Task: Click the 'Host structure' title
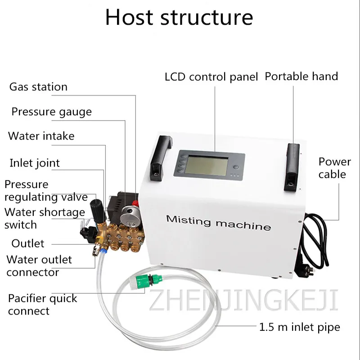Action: pos(179,17)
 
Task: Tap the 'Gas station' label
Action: pos(38,87)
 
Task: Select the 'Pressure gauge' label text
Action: pos(51,112)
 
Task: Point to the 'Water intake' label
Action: pos(41,136)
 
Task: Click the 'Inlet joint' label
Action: pos(35,162)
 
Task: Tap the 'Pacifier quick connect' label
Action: pos(42,304)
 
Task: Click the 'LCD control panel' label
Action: pos(211,77)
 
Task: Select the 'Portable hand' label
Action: pos(301,76)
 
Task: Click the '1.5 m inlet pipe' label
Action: pos(299,327)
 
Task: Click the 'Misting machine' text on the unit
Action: pos(218,222)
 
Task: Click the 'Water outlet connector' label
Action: pos(39,265)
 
